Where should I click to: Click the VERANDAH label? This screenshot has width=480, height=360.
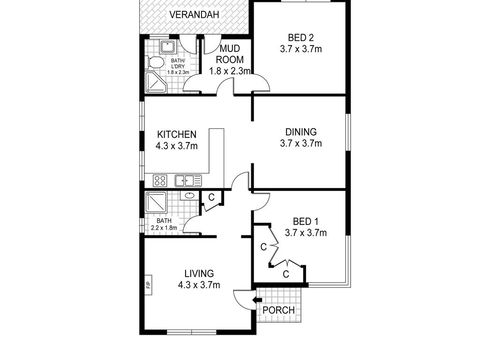pos(193,14)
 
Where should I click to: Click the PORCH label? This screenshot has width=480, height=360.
pos(277,312)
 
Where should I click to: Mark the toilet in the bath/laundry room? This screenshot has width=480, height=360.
pos(154,63)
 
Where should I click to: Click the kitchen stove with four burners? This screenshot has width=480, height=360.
pos(157,180)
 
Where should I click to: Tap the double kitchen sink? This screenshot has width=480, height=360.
pos(185,180)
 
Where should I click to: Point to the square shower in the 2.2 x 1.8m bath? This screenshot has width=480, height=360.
pos(156,203)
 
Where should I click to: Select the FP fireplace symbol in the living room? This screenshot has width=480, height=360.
pos(147,289)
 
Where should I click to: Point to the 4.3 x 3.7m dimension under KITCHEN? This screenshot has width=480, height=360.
pos(175,147)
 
